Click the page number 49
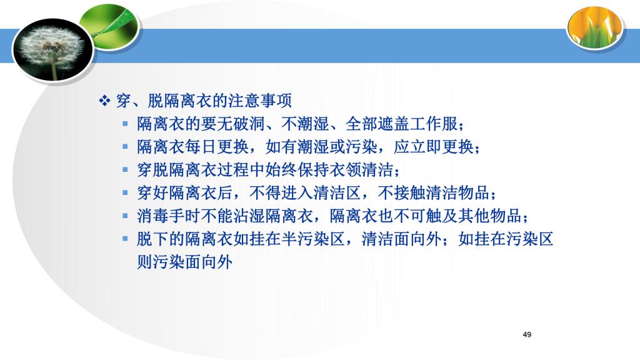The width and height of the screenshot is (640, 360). [x=527, y=335]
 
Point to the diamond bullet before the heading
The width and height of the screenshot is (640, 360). [x=104, y=101]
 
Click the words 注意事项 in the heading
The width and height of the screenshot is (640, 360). [x=260, y=101]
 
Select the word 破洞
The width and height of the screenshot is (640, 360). [x=249, y=124]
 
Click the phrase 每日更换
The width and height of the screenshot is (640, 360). [x=216, y=146]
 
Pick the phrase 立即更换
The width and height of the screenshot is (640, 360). [x=442, y=146]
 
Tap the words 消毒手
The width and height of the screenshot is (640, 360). [x=161, y=216]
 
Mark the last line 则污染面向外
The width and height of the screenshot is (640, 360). [x=184, y=262]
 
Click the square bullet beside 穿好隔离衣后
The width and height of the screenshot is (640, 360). [x=125, y=192]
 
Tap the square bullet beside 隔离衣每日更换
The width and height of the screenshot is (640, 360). [x=125, y=146]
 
